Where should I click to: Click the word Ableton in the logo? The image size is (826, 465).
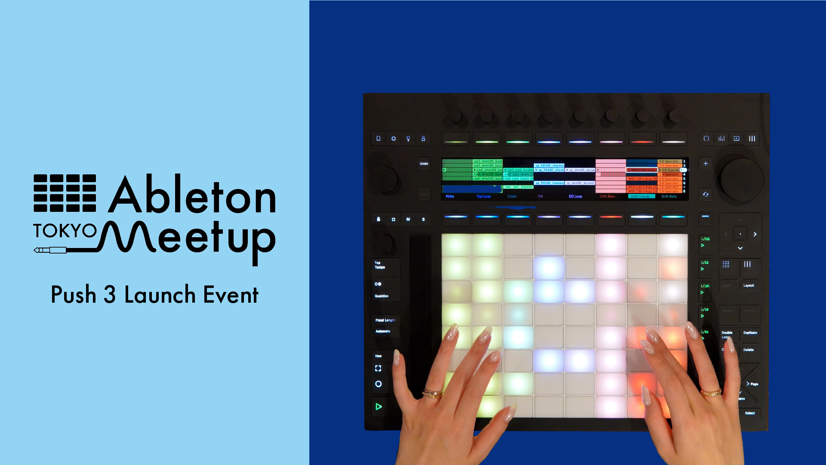(192, 196)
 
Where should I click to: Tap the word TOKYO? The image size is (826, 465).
(65, 231)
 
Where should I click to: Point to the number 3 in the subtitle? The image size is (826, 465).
(110, 295)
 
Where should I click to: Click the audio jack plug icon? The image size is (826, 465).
(50, 250)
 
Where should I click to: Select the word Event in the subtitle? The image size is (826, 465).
(231, 295)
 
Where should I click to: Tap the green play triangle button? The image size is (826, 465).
(379, 406)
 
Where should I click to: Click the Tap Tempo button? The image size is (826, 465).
(380, 265)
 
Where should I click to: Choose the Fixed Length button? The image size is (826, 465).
(385, 320)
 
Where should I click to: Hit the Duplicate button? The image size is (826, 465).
(750, 333)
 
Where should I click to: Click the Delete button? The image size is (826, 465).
(749, 350)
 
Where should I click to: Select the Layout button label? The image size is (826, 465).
(749, 285)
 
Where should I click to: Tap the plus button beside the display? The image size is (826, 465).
(706, 164)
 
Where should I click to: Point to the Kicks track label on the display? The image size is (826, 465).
(450, 196)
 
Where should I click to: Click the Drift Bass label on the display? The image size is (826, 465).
(607, 196)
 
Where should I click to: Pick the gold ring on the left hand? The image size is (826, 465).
(432, 393)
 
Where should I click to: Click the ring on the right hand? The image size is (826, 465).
(711, 392)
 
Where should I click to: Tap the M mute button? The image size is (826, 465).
(408, 220)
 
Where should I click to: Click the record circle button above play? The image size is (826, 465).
(379, 384)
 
